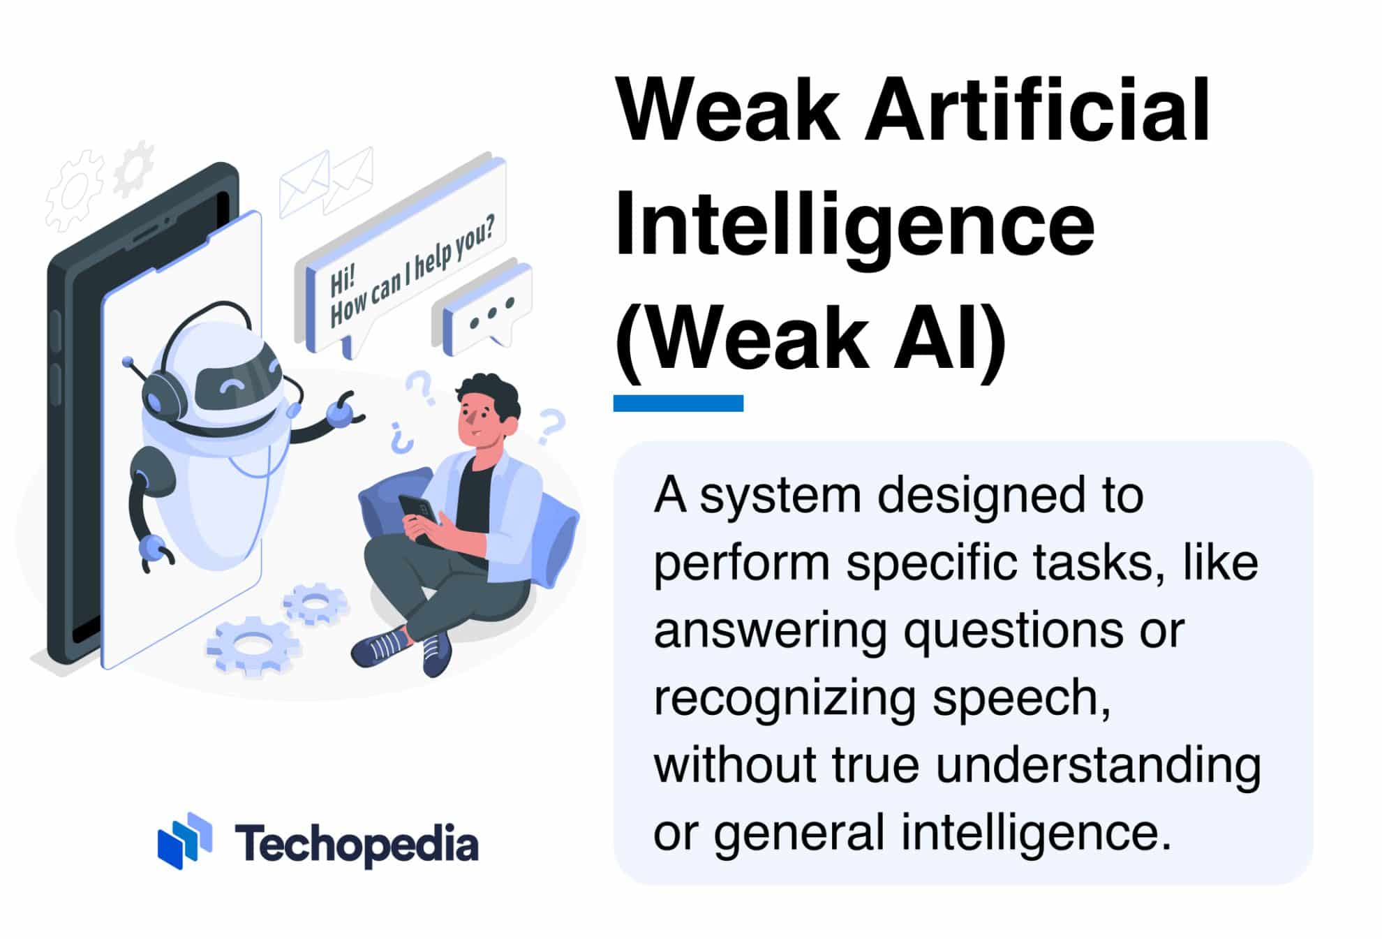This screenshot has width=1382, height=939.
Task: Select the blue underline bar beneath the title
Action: pos(678,403)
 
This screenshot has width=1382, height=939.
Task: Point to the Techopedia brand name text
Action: pos(356,843)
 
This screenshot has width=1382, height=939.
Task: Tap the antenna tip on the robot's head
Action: pos(127,362)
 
